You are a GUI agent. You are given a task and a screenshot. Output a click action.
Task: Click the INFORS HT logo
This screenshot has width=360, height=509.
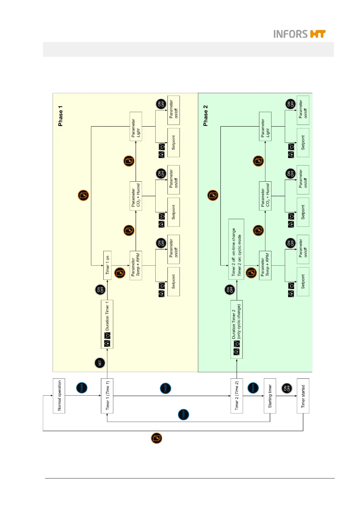(x=299, y=34)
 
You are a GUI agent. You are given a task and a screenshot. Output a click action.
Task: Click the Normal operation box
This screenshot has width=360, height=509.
(x=59, y=395)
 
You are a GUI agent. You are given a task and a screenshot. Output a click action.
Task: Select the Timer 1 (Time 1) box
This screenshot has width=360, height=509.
(x=107, y=395)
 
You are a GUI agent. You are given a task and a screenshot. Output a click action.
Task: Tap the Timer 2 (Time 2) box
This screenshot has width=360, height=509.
(x=237, y=395)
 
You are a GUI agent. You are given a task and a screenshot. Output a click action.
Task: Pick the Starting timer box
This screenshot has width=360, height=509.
(x=270, y=395)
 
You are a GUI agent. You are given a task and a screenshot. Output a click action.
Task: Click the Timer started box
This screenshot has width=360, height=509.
(x=303, y=395)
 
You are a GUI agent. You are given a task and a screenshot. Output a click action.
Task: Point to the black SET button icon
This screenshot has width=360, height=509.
(x=100, y=363)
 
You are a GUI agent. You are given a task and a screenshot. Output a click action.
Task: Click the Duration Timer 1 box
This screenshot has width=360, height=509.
(x=107, y=324)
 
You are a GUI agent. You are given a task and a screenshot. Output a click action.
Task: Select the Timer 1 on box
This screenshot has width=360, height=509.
(x=107, y=265)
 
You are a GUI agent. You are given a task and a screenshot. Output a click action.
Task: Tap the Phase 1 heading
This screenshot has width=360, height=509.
(x=60, y=116)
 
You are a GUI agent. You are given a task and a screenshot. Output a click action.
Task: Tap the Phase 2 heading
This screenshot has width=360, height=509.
(x=206, y=116)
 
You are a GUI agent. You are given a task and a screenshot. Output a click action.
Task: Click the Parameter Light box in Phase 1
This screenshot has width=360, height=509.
(x=136, y=126)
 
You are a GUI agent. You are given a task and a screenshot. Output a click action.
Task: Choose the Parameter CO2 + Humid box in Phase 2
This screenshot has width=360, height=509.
(x=265, y=196)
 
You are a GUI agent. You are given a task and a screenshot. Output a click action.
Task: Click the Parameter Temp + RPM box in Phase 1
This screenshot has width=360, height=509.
(x=136, y=265)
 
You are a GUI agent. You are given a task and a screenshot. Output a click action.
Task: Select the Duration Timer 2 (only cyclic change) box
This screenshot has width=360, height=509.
(x=237, y=329)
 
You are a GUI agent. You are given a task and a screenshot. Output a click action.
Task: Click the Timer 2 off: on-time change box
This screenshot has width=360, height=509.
(x=236, y=249)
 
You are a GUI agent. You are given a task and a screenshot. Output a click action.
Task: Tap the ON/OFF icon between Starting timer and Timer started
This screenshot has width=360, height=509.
(x=286, y=388)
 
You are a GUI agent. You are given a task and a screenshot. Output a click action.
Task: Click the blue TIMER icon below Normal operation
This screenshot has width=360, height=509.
(x=82, y=387)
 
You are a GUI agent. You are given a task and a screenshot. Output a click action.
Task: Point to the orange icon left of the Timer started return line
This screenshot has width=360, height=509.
(x=157, y=438)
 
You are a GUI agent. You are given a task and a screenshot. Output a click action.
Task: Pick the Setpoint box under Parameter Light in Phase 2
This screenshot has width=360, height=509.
(x=303, y=142)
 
